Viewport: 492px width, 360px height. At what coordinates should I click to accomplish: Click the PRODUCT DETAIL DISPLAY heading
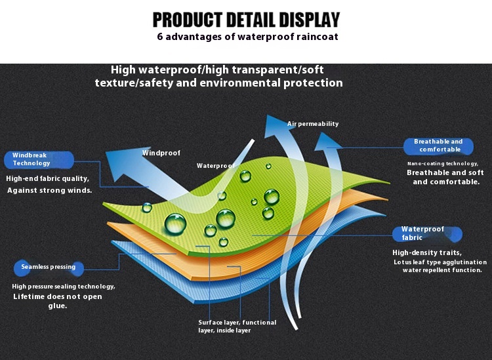click(246, 20)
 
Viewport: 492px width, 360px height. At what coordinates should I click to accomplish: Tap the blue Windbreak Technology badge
click(39, 159)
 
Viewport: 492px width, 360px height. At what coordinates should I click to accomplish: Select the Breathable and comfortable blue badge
click(438, 146)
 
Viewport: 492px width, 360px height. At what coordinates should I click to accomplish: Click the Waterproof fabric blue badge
click(427, 234)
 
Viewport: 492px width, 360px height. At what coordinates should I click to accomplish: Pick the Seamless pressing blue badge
click(49, 268)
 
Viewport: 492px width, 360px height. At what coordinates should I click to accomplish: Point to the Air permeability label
click(313, 124)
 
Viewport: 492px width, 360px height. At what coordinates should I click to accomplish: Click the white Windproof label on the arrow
click(161, 153)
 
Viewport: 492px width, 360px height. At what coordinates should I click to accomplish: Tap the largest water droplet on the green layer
click(175, 224)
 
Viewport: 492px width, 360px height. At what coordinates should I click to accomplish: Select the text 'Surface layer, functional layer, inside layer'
click(237, 327)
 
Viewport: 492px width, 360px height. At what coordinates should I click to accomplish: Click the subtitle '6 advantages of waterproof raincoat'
click(247, 37)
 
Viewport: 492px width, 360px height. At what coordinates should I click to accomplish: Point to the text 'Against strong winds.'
click(50, 190)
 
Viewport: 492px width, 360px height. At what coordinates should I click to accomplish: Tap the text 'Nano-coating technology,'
click(443, 163)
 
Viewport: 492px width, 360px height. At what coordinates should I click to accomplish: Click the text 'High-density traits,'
click(427, 252)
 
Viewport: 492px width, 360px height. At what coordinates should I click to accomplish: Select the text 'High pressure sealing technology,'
click(64, 287)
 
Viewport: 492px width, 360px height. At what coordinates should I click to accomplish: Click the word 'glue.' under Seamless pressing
click(58, 306)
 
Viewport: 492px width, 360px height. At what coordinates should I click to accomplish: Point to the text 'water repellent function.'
click(442, 270)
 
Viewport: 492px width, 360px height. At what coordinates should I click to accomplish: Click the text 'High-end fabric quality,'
click(48, 178)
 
